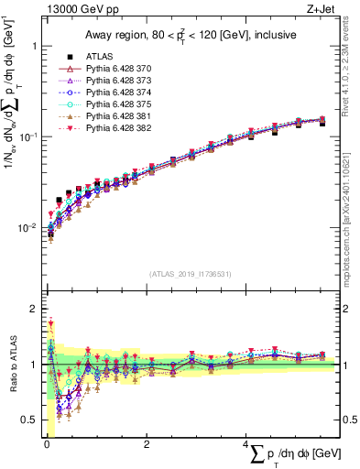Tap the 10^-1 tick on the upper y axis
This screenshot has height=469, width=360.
[x=27, y=136]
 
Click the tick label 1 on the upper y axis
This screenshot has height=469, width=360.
[x=33, y=46]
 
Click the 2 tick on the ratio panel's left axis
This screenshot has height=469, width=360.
[x=33, y=309]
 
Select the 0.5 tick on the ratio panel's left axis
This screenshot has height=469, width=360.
[x=29, y=420]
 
